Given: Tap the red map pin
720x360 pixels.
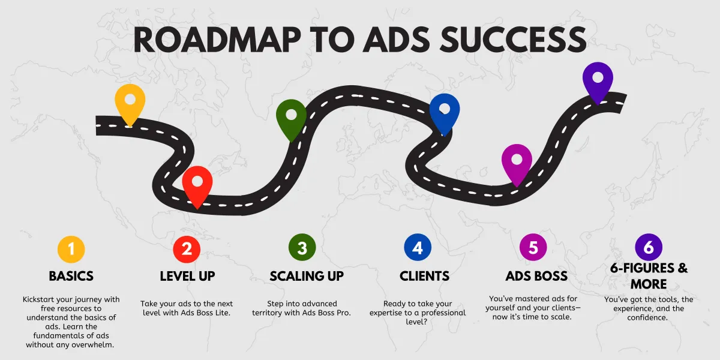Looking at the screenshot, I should [x=197, y=183].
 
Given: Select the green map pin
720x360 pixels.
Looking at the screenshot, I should [x=291, y=116].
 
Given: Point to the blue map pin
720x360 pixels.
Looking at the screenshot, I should [x=445, y=110].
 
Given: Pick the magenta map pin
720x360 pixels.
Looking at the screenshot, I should [x=517, y=161].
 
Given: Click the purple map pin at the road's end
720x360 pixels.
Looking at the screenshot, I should [x=598, y=80].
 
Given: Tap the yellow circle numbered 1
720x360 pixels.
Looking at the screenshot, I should [x=71, y=248].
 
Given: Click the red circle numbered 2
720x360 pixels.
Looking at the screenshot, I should [x=187, y=248].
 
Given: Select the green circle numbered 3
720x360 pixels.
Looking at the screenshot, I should [x=302, y=248].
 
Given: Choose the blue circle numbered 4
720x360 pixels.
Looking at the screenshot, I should [x=418, y=248].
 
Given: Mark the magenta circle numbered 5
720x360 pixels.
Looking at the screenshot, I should [x=533, y=248].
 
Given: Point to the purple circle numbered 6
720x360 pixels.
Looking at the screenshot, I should [x=649, y=247].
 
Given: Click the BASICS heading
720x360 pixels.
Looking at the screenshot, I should [x=71, y=276].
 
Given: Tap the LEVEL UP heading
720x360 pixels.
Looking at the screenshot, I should [x=187, y=276].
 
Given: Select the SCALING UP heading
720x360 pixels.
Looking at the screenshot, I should [x=307, y=276].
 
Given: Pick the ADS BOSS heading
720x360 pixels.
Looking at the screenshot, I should [x=536, y=276].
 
